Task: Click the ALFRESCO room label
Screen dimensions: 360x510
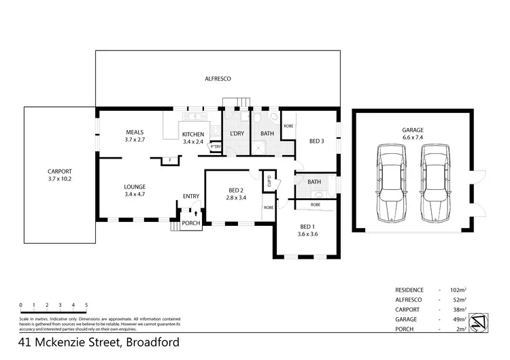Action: click(x=218, y=79)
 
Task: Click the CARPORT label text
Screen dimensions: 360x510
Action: click(x=60, y=171)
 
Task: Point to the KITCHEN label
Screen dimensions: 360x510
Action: click(x=193, y=133)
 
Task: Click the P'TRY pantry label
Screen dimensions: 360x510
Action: click(x=216, y=147)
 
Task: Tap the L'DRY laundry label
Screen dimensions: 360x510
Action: click(x=237, y=133)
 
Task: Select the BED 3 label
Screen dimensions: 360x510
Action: click(x=317, y=142)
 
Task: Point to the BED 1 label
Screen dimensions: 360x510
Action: click(x=307, y=226)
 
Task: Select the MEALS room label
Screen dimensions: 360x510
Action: click(x=135, y=132)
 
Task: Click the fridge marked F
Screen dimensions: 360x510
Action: click(x=171, y=160)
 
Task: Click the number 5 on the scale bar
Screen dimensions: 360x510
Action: click(x=86, y=305)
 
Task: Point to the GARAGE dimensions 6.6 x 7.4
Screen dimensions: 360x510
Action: click(x=412, y=137)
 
